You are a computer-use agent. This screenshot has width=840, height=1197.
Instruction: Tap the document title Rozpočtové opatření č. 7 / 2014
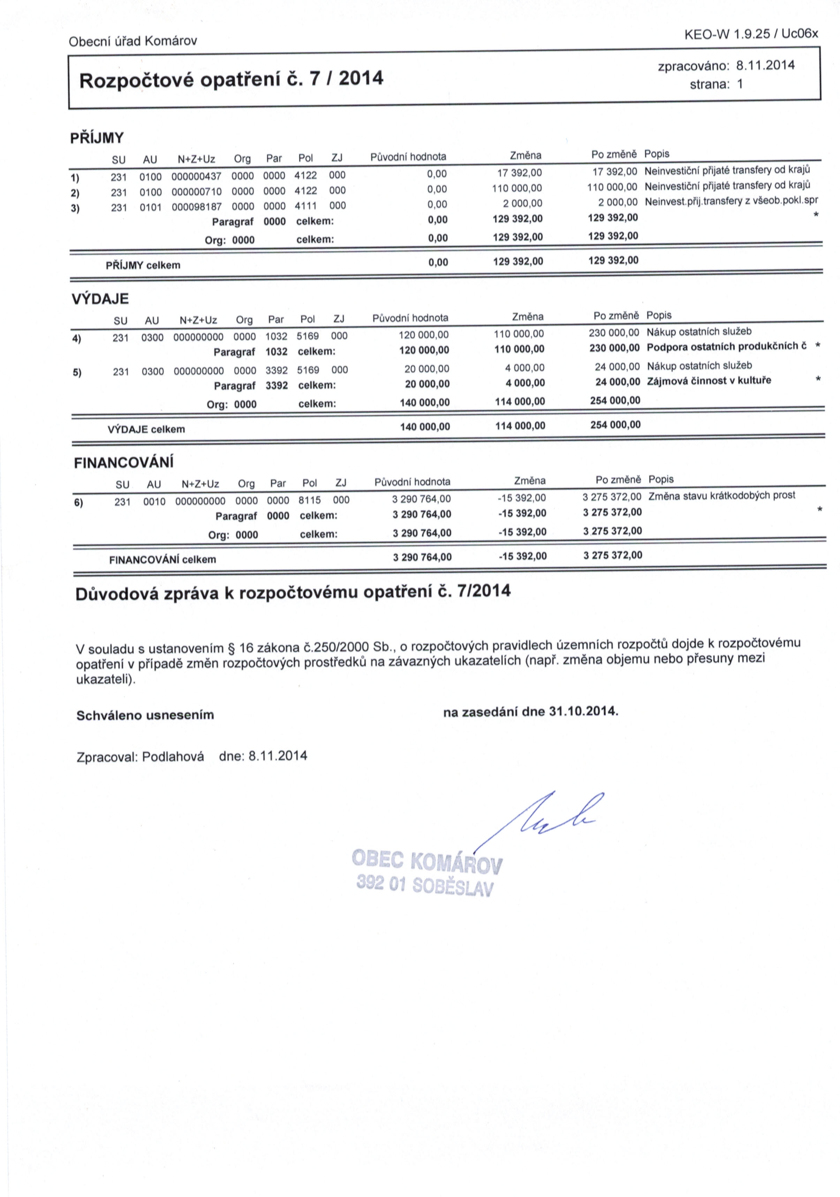[231, 79]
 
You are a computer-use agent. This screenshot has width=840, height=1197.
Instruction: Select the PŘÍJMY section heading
[97, 138]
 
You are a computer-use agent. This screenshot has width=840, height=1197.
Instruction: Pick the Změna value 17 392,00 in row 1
[520, 173]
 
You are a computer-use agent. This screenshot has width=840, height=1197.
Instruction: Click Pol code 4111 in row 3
[306, 206]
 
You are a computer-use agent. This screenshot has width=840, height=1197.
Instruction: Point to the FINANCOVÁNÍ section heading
[124, 463]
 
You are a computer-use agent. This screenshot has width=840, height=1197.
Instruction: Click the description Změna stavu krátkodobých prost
[722, 495]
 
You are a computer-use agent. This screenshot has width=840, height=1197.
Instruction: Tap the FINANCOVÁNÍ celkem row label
[162, 560]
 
